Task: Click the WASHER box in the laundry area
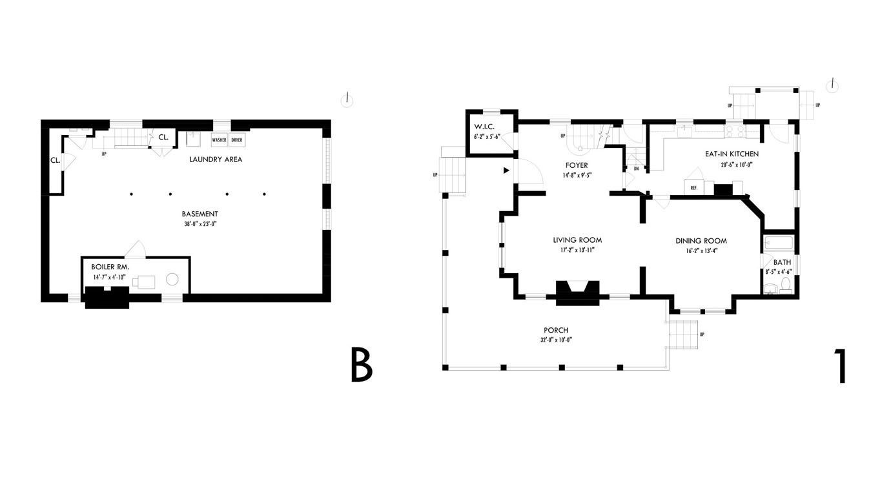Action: click(x=219, y=139)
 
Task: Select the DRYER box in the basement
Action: click(x=237, y=139)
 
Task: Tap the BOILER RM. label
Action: click(x=110, y=267)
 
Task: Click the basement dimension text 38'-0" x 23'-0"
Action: click(x=200, y=225)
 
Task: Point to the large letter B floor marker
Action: click(x=362, y=365)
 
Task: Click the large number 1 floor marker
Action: click(x=840, y=366)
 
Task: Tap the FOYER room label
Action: click(x=576, y=165)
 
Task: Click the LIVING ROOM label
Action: click(x=577, y=240)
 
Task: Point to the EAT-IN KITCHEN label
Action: click(x=732, y=154)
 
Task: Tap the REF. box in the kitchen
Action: click(x=694, y=188)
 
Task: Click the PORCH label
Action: click(x=556, y=331)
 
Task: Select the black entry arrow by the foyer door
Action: click(x=506, y=170)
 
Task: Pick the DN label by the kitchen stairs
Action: click(x=636, y=169)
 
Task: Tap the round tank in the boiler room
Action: click(x=172, y=279)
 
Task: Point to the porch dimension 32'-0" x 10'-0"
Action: click(x=556, y=340)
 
